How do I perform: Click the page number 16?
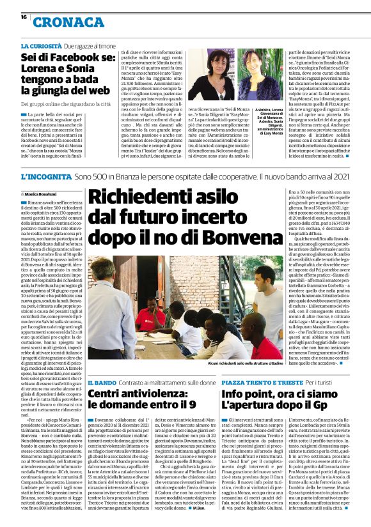pos(24,17)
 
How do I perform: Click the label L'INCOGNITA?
pos(45,175)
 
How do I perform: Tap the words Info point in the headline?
pos(244,393)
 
